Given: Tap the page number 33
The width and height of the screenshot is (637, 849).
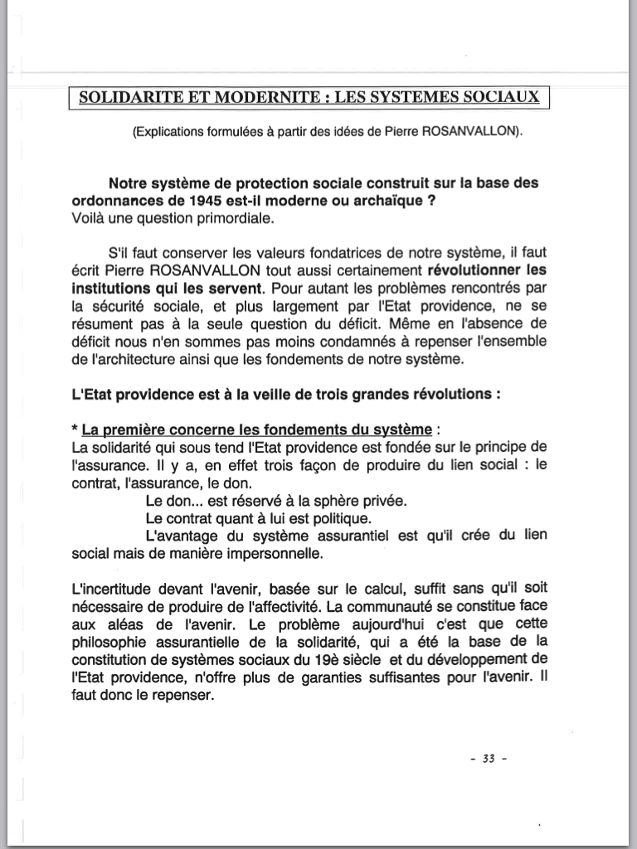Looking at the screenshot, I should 488,758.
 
